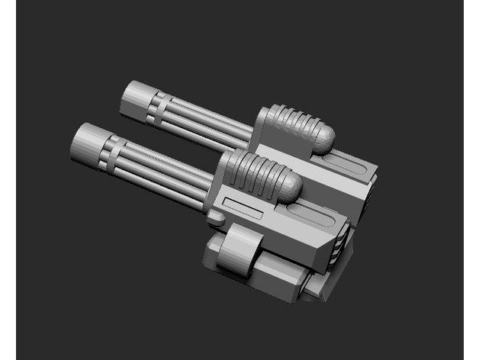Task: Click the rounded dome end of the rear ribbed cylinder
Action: [323, 138]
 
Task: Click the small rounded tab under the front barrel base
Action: [216, 220]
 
